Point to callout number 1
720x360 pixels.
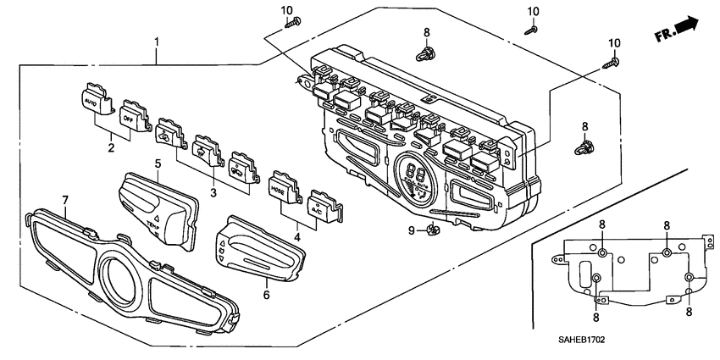click(157, 41)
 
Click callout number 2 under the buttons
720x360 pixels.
click(111, 147)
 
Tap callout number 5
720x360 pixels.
click(158, 162)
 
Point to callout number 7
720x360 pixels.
click(65, 199)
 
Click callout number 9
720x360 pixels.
click(412, 230)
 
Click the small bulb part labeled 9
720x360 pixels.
click(432, 229)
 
